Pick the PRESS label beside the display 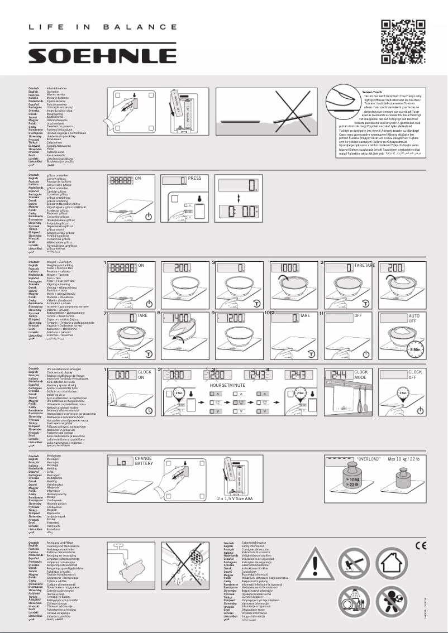coord(195,179)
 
